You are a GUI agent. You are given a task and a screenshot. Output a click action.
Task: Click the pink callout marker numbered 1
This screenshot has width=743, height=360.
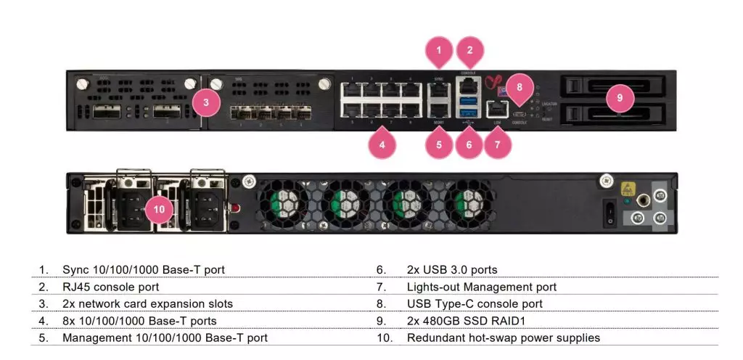tap(439, 50)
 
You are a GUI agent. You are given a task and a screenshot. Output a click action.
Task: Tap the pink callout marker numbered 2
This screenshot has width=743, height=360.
tap(469, 50)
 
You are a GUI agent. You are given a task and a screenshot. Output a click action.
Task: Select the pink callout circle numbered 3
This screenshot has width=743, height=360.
tap(206, 102)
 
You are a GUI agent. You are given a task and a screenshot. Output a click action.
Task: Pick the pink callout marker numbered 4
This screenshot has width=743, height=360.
tap(382, 144)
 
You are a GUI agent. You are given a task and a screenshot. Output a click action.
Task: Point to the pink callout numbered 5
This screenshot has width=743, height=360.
tap(439, 144)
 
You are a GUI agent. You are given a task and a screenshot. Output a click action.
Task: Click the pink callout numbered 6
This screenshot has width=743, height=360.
tap(469, 144)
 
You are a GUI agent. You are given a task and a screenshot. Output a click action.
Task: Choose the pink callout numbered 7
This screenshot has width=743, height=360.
tap(497, 144)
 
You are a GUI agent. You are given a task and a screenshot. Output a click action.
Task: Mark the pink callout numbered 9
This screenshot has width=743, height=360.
tap(620, 98)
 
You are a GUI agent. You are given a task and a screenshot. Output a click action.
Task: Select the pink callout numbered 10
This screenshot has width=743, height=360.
tap(160, 210)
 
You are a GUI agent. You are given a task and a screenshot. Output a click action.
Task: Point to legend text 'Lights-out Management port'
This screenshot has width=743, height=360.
tap(482, 287)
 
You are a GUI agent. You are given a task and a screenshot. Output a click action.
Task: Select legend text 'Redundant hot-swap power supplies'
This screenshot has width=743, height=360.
tap(504, 337)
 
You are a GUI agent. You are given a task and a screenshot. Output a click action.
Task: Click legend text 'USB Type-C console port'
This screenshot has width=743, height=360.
tap(475, 303)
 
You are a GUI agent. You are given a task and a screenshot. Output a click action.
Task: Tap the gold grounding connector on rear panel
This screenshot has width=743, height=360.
tap(642, 197)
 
